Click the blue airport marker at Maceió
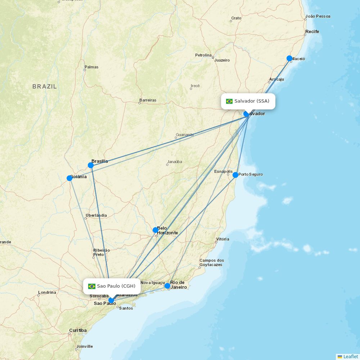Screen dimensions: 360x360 tap(289, 58)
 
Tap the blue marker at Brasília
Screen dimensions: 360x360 tap(91, 165)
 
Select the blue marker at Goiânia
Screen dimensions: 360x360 tap(69, 178)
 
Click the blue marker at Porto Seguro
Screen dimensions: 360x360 tap(235, 175)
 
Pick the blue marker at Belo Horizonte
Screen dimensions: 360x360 tap(156, 230)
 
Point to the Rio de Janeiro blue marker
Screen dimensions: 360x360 tap(167, 286)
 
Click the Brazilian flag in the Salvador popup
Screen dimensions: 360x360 tap(229, 101)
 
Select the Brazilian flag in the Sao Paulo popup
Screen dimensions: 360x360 tap(92, 286)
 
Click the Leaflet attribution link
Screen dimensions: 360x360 tap(350, 356)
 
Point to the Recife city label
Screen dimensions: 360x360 tap(312, 32)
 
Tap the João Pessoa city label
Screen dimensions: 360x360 tap(318, 16)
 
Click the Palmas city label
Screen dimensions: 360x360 tap(91, 67)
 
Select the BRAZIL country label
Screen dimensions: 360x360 tap(45, 86)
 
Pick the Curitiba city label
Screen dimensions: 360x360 tap(78, 330)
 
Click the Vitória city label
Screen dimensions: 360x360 tap(222, 239)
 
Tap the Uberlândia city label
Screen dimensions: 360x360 tap(96, 215)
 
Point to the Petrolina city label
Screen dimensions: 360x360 tap(203, 55)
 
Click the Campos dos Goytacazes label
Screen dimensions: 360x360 tap(212, 262)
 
